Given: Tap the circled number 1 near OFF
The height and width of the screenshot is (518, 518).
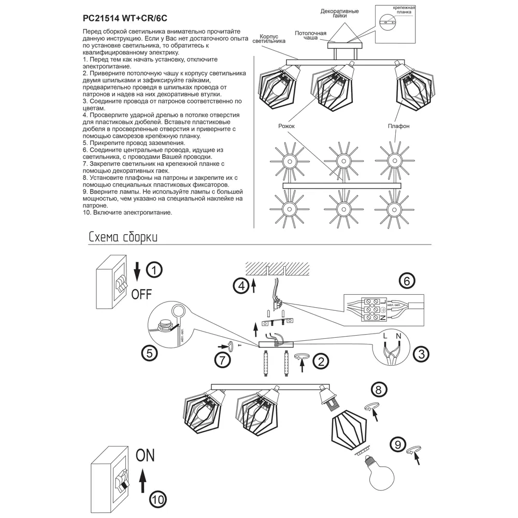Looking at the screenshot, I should [154, 269].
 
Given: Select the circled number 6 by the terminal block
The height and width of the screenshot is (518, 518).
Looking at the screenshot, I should [407, 281].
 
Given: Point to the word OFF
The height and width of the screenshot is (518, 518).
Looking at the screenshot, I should [141, 294].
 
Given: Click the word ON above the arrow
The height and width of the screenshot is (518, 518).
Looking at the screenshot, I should [145, 456].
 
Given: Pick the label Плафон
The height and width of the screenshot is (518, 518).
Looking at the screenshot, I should [398, 126].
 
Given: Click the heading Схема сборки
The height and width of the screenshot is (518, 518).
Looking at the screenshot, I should [123, 237].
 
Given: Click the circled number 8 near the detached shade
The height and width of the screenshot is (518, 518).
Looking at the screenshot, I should [380, 390].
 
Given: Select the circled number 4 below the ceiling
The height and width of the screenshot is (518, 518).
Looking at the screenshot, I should [239, 285].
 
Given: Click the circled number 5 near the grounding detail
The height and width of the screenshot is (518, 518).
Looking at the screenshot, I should [149, 353].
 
